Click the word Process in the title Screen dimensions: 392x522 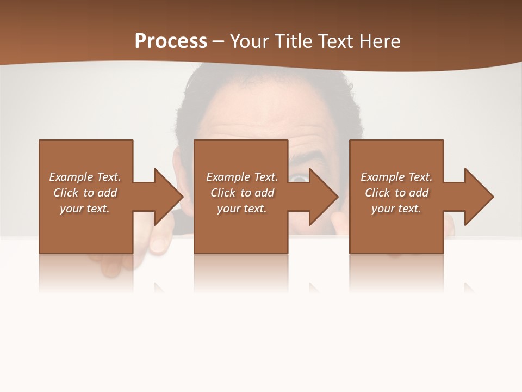point(171,41)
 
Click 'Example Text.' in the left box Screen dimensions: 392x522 point(85,177)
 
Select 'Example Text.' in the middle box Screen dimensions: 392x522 point(242,177)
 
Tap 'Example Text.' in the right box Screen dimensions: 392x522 point(396,177)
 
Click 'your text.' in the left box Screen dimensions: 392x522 point(85,209)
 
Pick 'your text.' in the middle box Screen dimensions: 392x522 point(241,209)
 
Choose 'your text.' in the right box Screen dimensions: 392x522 point(396,209)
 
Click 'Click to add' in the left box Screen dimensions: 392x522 point(85,193)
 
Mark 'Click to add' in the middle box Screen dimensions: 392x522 point(242,193)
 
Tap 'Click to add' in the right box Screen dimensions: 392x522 point(396,193)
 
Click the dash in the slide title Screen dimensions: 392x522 point(219,41)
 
